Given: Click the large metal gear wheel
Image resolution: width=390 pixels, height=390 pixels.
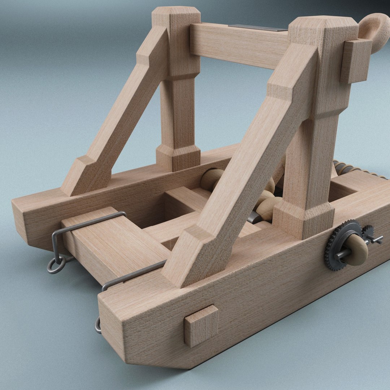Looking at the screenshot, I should pyautogui.click(x=334, y=249).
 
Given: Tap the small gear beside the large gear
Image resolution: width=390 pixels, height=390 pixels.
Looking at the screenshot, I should pyautogui.click(x=368, y=231).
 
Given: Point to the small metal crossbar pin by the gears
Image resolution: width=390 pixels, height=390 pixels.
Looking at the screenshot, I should pyautogui.click(x=376, y=239).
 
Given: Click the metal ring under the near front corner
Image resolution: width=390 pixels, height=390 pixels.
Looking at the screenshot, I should pyautogui.click(x=97, y=325).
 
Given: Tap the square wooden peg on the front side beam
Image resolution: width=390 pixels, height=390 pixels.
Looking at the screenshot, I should pyautogui.click(x=201, y=325).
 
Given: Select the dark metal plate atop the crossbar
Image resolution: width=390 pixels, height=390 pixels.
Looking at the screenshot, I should pyautogui.click(x=258, y=28).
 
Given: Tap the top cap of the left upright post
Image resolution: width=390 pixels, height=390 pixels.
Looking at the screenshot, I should pyautogui.click(x=176, y=16).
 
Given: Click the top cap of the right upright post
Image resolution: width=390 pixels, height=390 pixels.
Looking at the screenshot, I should pyautogui.click(x=323, y=25).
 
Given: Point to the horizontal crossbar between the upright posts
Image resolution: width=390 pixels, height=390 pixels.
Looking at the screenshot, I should pyautogui.click(x=238, y=45).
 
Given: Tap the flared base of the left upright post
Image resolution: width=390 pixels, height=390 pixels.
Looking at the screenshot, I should pyautogui.click(x=178, y=157).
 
